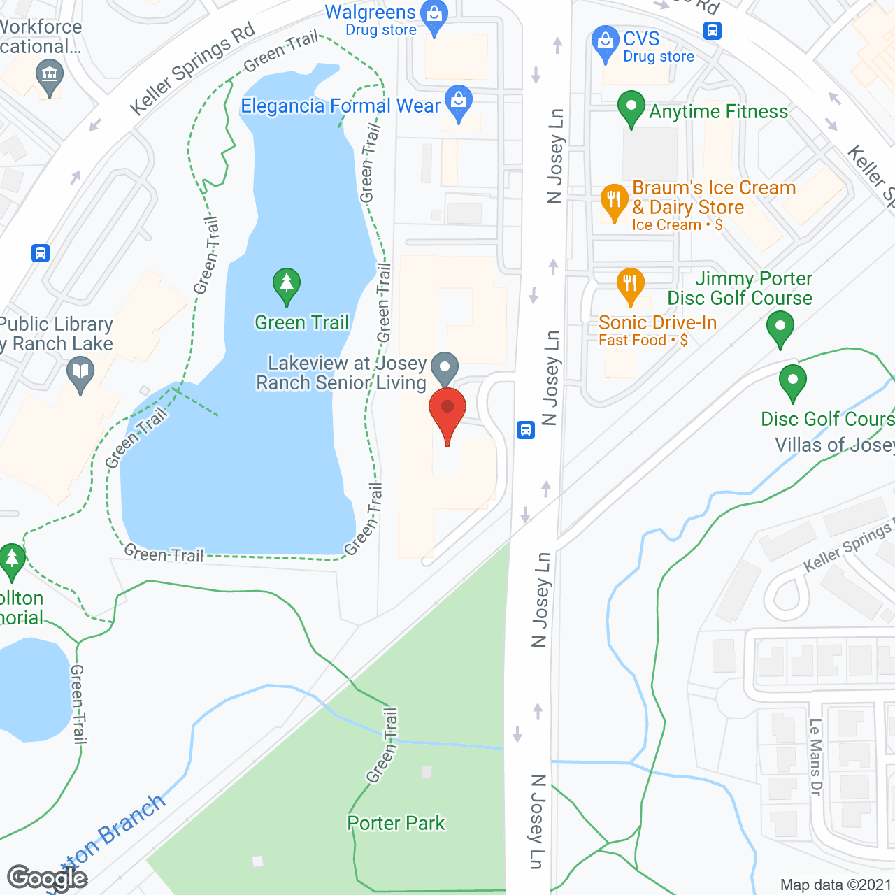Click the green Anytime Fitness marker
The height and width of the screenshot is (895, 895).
coord(631,109)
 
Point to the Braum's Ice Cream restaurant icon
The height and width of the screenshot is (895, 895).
coord(614,201)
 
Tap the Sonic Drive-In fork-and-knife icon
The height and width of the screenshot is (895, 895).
coord(630,285)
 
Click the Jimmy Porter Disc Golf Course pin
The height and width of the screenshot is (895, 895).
coord(780,327)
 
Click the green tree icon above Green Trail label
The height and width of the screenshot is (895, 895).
coord(287,285)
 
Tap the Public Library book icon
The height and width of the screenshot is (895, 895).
coord(80,373)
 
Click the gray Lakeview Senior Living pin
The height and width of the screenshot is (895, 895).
coord(445,368)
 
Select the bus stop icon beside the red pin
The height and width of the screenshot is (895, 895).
coord(526,429)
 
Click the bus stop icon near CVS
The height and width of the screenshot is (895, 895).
coord(713,31)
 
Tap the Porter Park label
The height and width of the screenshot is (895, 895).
coord(396,823)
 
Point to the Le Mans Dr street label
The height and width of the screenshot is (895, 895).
coord(815,757)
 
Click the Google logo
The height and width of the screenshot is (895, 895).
coord(48,878)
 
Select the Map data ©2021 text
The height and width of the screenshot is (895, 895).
coord(836,885)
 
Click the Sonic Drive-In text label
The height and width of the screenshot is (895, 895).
coord(657,322)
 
